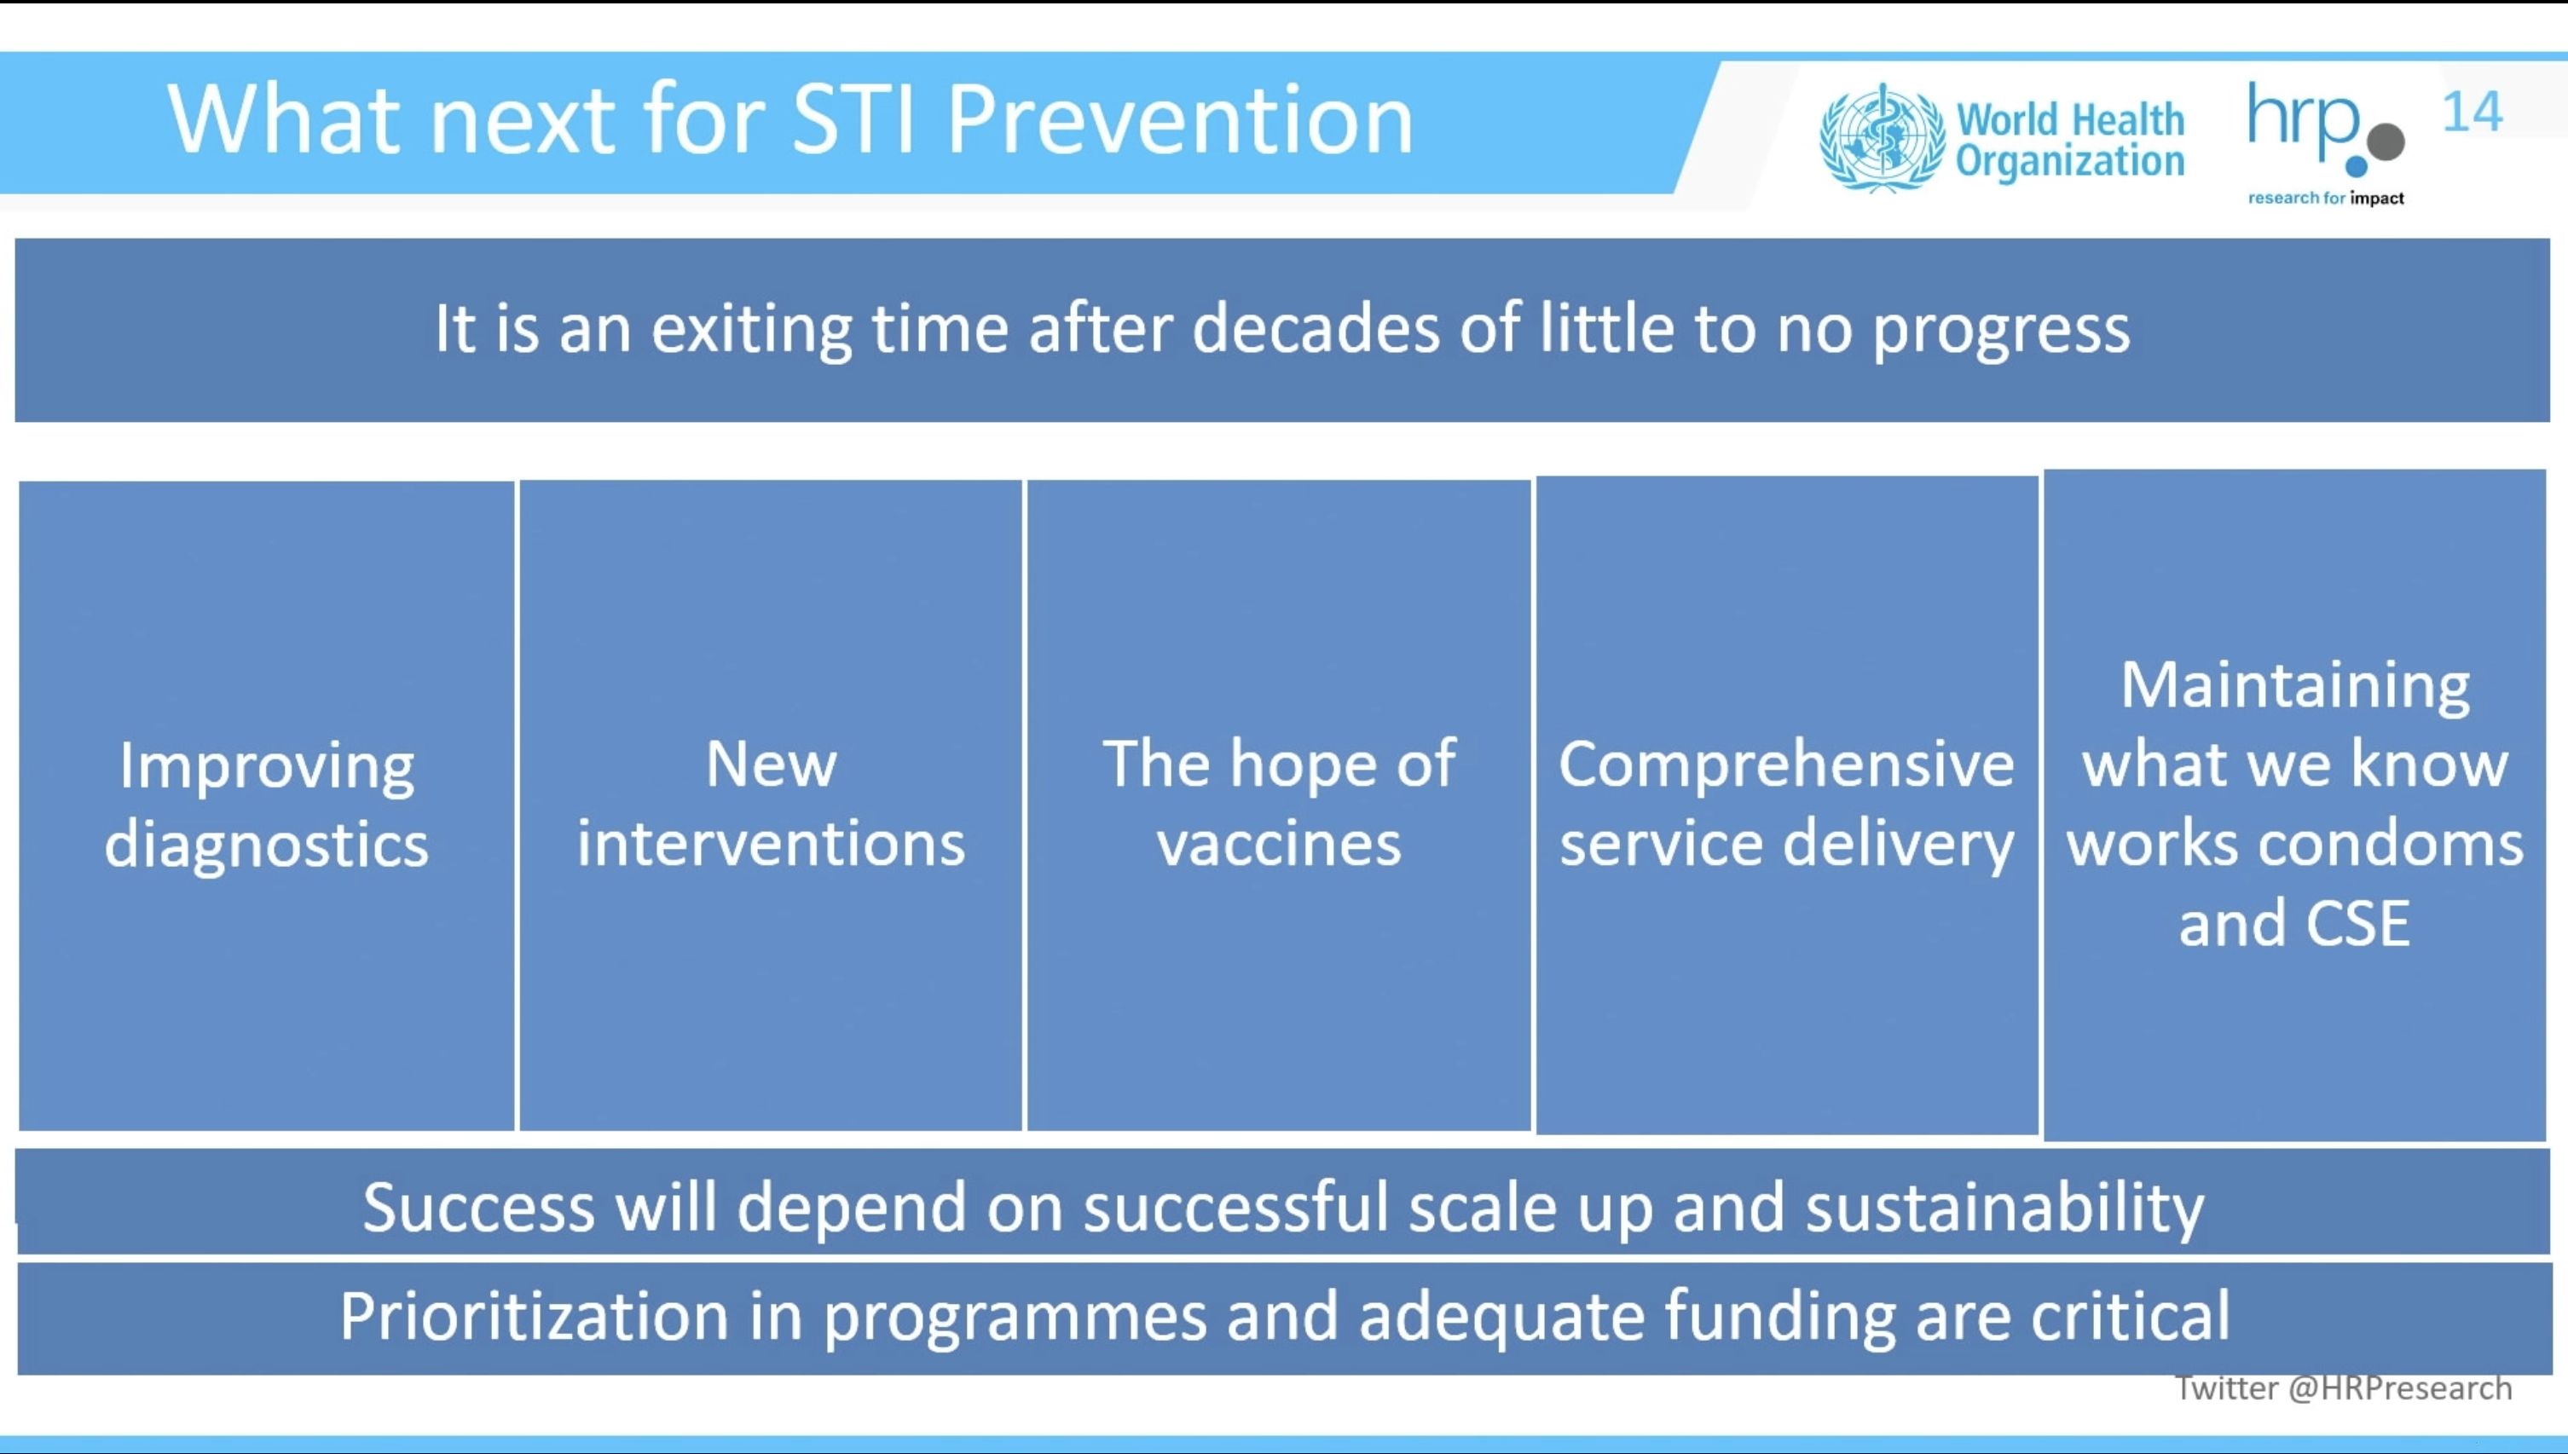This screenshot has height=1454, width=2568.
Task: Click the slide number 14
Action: pyautogui.click(x=2473, y=112)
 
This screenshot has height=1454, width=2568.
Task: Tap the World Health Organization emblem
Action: pyautogui.click(x=1883, y=138)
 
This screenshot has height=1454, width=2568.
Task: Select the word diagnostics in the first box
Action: pyautogui.click(x=267, y=845)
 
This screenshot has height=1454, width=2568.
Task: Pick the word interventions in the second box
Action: pyautogui.click(x=771, y=843)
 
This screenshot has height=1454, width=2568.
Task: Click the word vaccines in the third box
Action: pyautogui.click(x=1280, y=844)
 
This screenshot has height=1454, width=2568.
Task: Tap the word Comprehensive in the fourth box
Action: pyautogui.click(x=1787, y=766)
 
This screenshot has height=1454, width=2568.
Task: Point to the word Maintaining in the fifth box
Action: pyautogui.click(x=2295, y=687)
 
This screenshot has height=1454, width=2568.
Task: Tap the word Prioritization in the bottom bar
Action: pyautogui.click(x=535, y=1315)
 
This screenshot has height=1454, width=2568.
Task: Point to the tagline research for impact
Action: pyautogui.click(x=2326, y=198)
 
